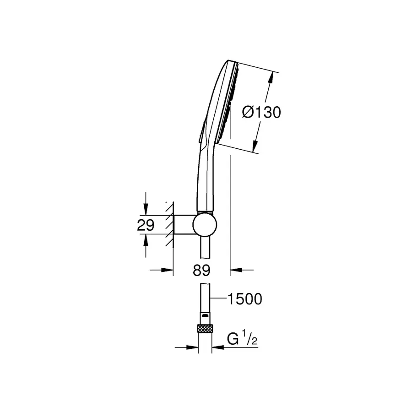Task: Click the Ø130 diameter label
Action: click(x=261, y=112)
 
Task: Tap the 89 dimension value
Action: click(x=201, y=270)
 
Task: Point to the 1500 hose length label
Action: click(x=244, y=299)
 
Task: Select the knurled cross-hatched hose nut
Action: click(x=204, y=328)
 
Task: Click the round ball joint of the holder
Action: click(x=205, y=225)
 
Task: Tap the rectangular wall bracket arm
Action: click(x=183, y=225)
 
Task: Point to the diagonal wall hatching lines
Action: click(x=169, y=225)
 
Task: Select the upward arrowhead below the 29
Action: click(x=145, y=239)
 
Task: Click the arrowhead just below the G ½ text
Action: click(x=217, y=347)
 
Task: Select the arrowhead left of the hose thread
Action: click(x=193, y=347)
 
